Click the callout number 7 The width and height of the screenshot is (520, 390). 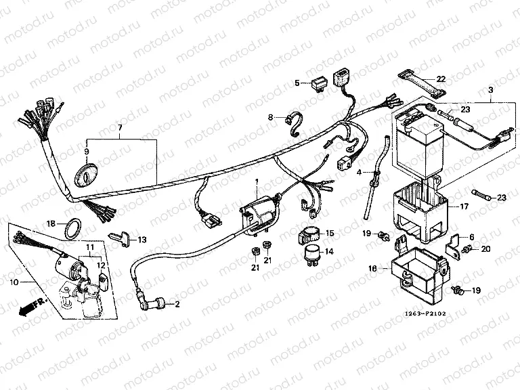[120, 128]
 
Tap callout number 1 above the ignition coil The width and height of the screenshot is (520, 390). [257, 183]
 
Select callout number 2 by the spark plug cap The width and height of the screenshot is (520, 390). [177, 305]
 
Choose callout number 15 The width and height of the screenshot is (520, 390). [330, 233]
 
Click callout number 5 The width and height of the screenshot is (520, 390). [296, 83]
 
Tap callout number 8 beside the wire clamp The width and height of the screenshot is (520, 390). [270, 117]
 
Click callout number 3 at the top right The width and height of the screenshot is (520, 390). [491, 90]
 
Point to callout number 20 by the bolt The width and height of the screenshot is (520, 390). [485, 250]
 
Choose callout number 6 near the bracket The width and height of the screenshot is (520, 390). [473, 236]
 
